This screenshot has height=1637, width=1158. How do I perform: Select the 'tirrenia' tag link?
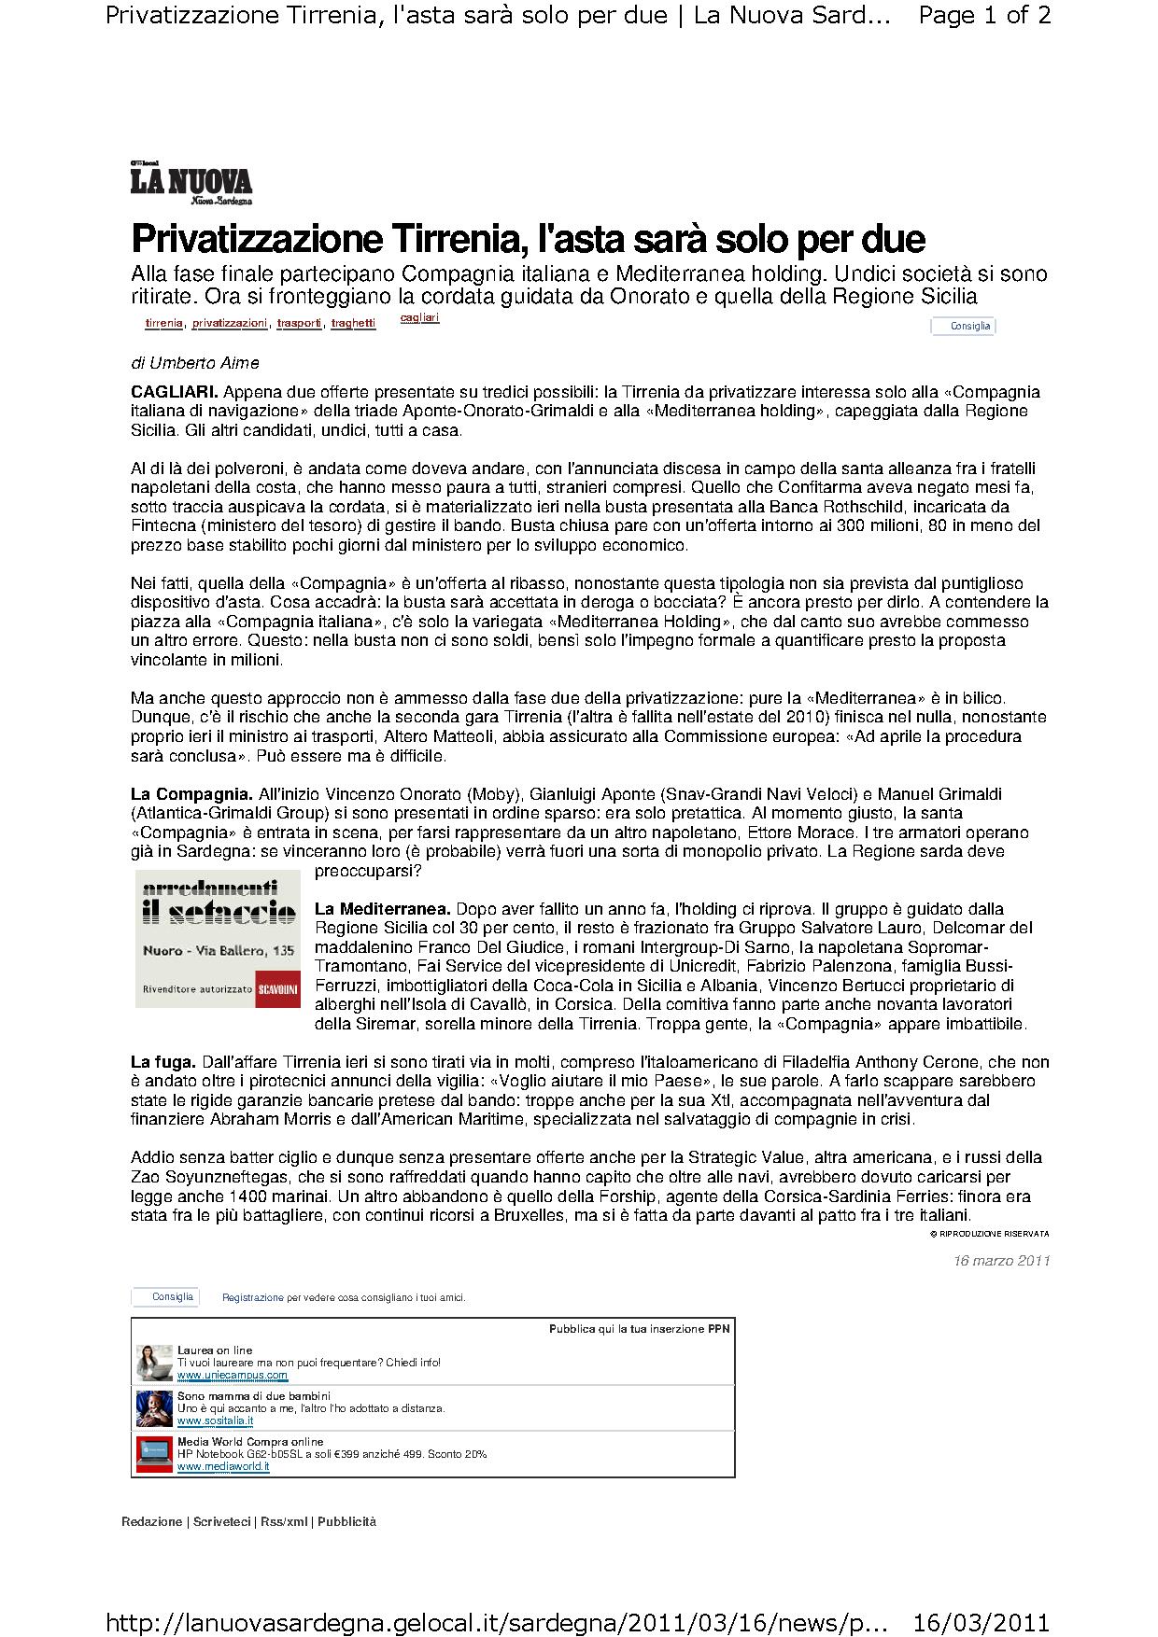pos(164,323)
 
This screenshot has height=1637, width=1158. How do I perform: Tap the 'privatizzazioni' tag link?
pos(230,323)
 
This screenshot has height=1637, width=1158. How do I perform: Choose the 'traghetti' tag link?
pos(353,323)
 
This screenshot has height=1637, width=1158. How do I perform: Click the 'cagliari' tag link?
pos(419,318)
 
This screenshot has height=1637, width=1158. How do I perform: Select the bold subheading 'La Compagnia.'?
pos(191,794)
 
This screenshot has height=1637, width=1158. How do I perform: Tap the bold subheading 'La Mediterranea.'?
pos(383,909)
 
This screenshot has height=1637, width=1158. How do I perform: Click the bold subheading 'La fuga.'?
pos(163,1062)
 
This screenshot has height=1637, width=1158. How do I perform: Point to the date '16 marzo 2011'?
pos(1002,1261)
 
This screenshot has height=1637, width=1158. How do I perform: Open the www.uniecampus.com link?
pos(233,1376)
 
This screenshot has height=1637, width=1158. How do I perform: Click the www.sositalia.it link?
pos(215,1420)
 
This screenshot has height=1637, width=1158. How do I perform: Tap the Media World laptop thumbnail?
pos(154,1453)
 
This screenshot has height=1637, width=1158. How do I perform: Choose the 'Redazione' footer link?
pos(152,1521)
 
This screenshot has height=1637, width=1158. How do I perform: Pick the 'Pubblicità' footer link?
pos(346,1521)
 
